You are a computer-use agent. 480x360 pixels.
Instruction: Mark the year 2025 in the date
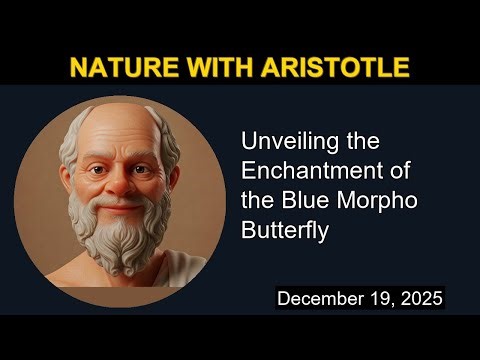pyautogui.click(x=418, y=298)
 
